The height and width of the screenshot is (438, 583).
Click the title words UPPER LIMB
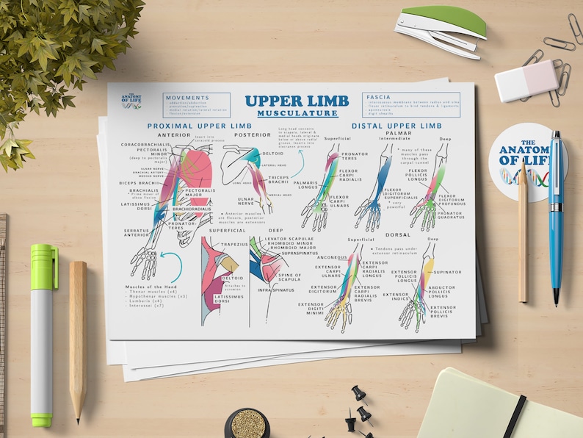(x=291, y=101)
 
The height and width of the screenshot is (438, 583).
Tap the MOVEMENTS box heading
(x=187, y=97)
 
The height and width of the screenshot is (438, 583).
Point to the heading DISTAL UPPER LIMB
(x=396, y=126)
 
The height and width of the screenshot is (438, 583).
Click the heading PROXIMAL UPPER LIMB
(x=199, y=126)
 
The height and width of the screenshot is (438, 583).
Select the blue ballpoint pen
(x=555, y=213)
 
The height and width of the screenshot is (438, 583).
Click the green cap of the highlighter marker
(x=43, y=267)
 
